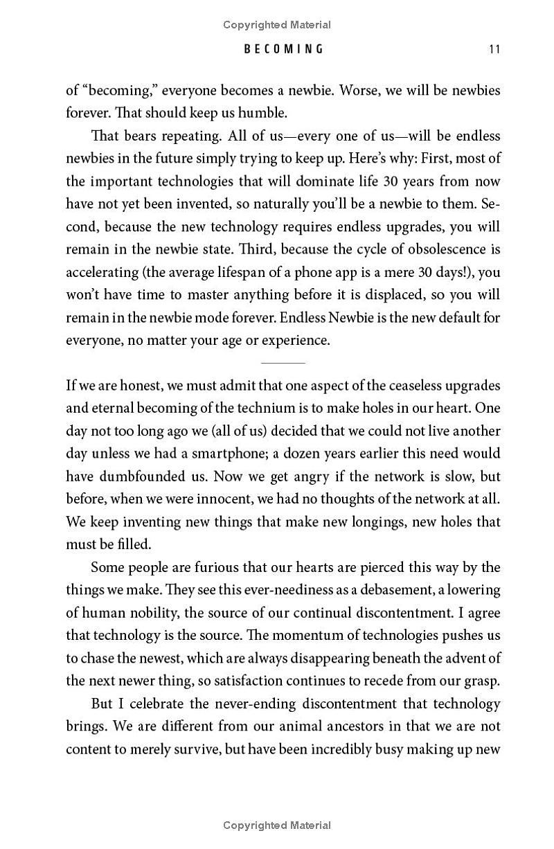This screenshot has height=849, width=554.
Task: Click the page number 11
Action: coord(494,48)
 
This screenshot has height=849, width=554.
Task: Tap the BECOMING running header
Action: coord(283,48)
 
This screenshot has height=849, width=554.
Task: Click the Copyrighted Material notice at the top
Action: coord(277,25)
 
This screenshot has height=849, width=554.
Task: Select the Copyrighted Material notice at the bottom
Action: coord(277,825)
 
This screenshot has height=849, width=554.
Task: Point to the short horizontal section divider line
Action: coord(283,362)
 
